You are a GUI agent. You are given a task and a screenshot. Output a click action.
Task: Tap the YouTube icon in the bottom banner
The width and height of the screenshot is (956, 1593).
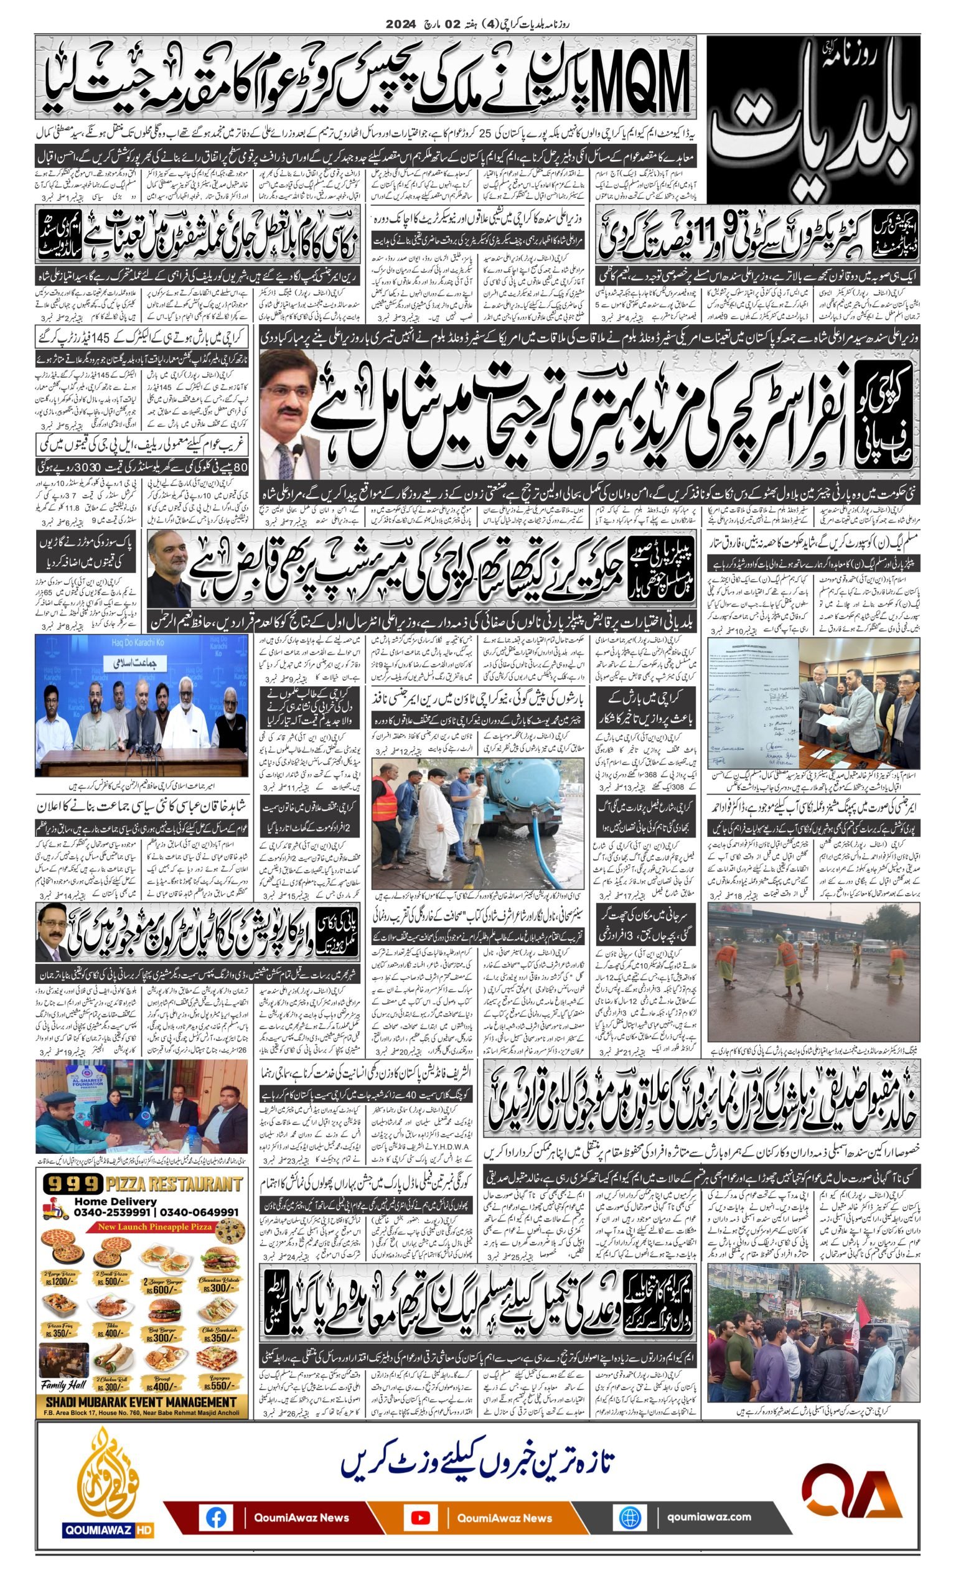[420, 1517]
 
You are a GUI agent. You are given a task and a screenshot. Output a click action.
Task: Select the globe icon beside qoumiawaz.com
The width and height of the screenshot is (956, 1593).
[629, 1517]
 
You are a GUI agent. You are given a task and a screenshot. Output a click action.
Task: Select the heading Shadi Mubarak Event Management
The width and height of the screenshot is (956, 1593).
[141, 1402]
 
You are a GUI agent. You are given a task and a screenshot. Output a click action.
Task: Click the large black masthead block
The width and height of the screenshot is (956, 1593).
[813, 118]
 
